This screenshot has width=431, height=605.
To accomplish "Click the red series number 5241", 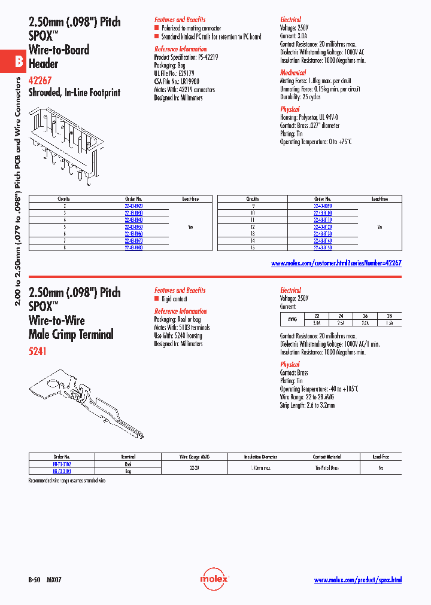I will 37,352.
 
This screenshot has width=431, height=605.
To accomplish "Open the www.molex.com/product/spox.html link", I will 357,580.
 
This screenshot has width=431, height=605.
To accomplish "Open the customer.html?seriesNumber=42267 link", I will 336,262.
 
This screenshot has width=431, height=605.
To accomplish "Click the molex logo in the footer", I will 214,579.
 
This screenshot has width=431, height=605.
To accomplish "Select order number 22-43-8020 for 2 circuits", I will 133,205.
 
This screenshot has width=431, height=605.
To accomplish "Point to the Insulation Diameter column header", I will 262,456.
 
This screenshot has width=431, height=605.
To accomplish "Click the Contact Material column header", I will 327,456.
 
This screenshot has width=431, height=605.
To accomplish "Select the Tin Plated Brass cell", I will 327,467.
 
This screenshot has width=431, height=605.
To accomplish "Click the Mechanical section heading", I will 293,72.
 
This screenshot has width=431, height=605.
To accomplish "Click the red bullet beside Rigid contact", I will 157,298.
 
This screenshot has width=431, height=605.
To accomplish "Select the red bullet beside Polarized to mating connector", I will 157,28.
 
